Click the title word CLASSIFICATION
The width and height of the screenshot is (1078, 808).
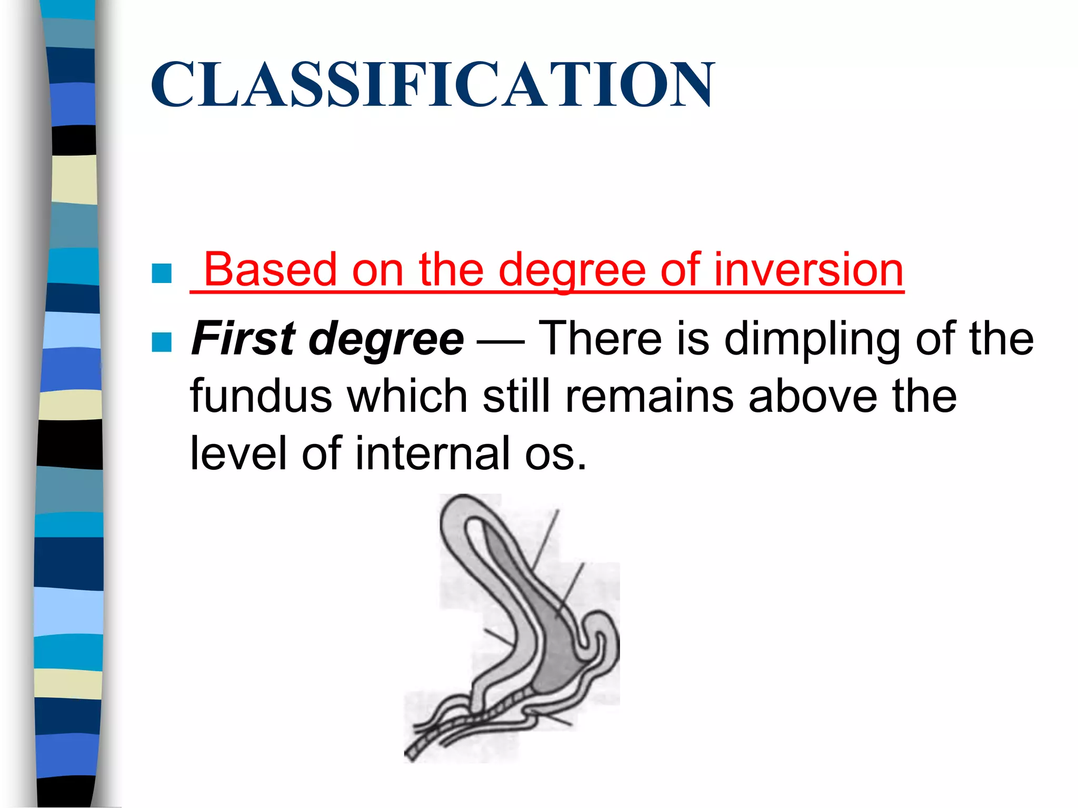(x=433, y=84)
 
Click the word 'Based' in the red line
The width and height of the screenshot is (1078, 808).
(x=270, y=270)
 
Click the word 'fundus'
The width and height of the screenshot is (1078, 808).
(x=261, y=397)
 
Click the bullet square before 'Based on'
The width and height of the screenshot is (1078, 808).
(x=162, y=273)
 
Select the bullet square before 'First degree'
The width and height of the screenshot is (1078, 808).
(x=162, y=342)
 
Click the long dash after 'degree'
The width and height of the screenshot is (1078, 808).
(x=500, y=342)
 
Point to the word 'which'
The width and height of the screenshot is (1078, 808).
(x=407, y=397)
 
